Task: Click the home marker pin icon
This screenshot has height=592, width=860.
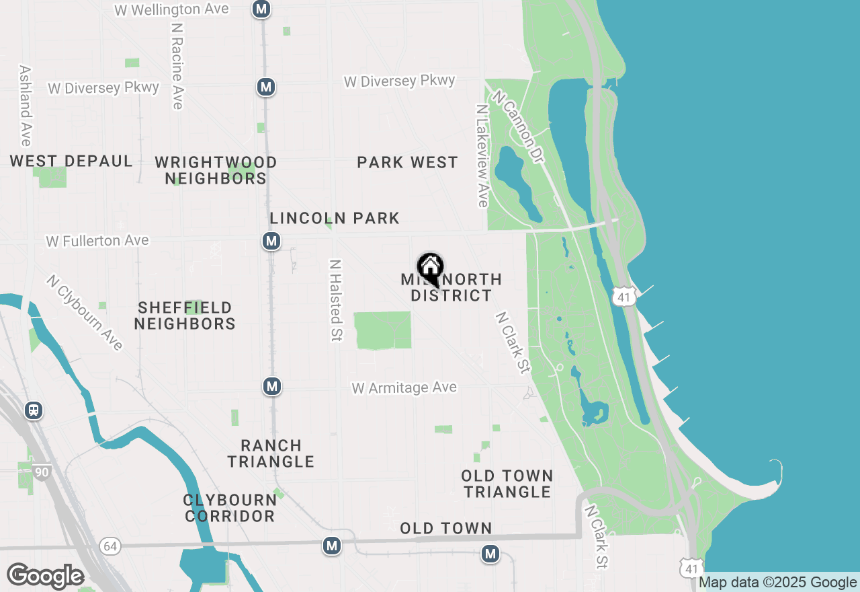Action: tap(430, 268)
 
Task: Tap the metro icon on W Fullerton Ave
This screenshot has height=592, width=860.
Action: tap(271, 241)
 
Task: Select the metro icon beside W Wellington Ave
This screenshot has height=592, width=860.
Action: tap(261, 9)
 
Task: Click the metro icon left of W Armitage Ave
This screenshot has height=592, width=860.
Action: tap(271, 386)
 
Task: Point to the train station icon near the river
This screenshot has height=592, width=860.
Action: tap(34, 410)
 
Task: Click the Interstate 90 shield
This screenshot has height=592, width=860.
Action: tap(42, 472)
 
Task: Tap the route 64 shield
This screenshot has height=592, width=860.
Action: tap(110, 546)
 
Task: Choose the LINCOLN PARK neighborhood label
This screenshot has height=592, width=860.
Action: tap(335, 218)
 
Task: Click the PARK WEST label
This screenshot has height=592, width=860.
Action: tap(407, 162)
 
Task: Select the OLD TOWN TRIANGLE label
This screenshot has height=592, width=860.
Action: tap(507, 484)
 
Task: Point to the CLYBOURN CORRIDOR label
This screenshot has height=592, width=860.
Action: tap(230, 508)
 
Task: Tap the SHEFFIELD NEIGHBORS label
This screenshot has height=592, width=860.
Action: tap(185, 316)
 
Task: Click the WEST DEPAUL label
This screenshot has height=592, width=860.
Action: tap(71, 161)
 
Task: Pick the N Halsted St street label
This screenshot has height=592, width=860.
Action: tap(336, 300)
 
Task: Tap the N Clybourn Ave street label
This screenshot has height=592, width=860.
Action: tap(85, 312)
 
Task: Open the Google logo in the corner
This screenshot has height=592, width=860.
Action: tap(45, 576)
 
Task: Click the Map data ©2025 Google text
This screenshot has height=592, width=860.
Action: tap(777, 583)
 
